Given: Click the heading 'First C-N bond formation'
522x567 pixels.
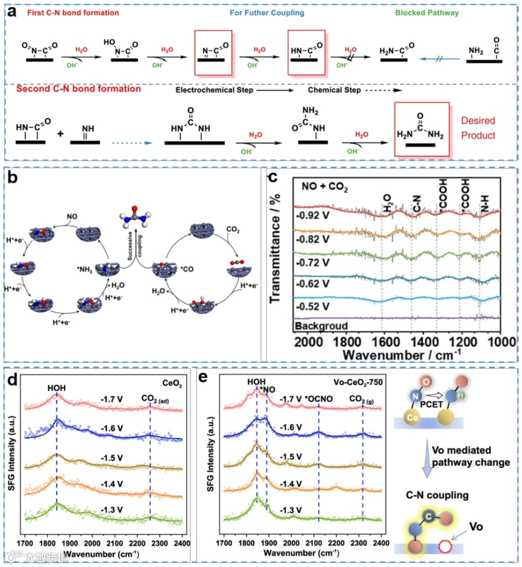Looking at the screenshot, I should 73,13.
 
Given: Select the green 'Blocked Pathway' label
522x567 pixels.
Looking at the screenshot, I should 426,13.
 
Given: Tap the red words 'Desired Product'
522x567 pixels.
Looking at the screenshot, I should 478,128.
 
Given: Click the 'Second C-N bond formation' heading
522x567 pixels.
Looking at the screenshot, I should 78,89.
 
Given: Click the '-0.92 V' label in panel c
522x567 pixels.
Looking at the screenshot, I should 312,215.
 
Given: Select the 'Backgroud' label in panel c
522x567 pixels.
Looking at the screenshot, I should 321,326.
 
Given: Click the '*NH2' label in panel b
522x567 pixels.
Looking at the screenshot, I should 85,270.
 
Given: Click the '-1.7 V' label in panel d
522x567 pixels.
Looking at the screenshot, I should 112,399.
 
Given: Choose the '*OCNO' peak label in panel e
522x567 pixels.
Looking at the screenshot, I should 319,399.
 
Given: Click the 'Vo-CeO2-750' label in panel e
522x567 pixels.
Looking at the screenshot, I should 358,382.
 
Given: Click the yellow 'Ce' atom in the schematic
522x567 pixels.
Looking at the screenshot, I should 412,417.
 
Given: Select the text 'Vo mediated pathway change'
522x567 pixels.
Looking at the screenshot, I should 470,456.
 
